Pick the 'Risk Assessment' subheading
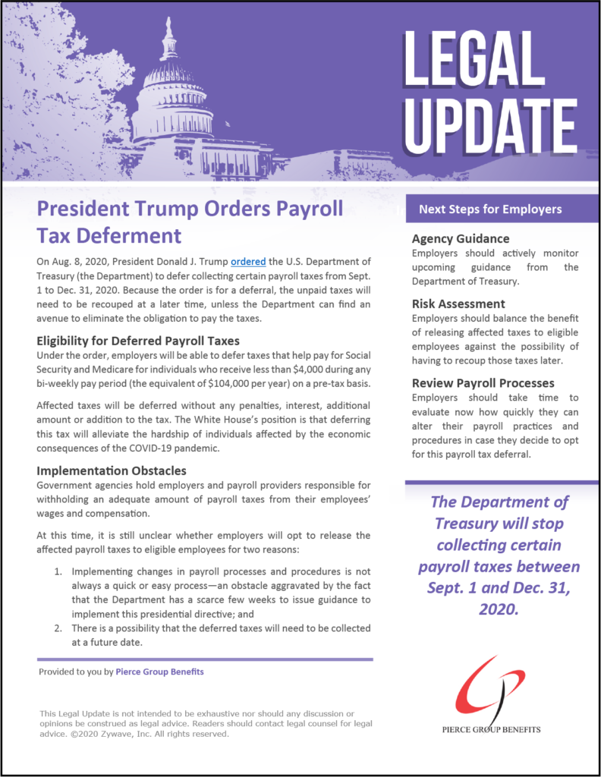[458, 304]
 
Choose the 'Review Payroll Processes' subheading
[483, 383]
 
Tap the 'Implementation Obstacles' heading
[113, 470]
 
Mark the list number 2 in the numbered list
[58, 628]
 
